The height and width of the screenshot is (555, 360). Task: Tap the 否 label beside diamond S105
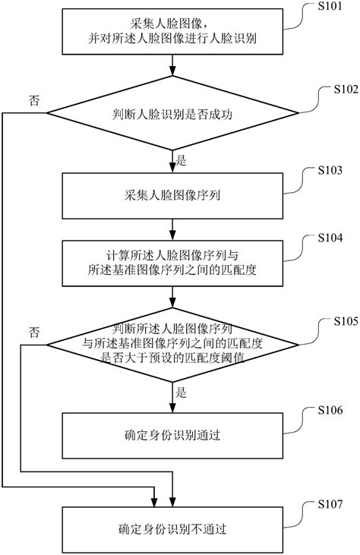tap(34, 333)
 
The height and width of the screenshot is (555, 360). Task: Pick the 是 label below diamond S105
tap(182, 394)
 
